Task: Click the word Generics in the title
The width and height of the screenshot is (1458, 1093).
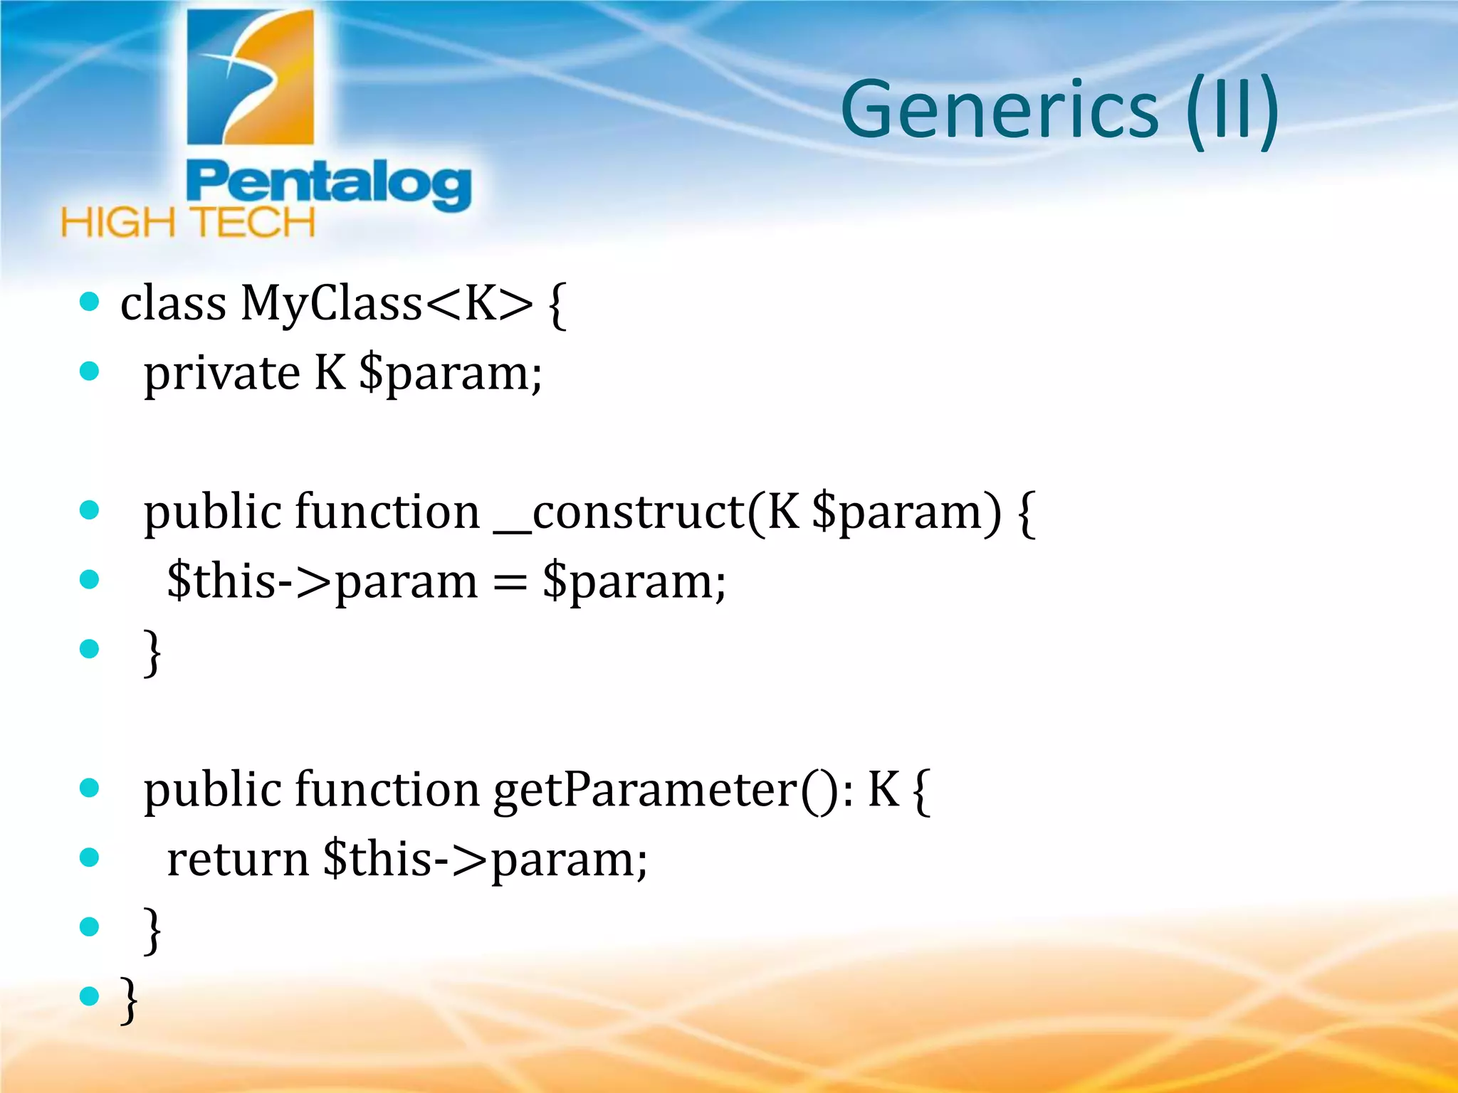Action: click(x=1000, y=110)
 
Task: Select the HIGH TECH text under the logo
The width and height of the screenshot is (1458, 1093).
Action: click(x=188, y=223)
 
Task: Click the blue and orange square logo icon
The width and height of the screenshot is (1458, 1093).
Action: click(x=250, y=77)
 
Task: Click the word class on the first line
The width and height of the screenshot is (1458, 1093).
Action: click(x=173, y=304)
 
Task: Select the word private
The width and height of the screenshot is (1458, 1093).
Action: click(x=221, y=374)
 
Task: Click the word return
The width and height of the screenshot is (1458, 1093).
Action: click(x=237, y=860)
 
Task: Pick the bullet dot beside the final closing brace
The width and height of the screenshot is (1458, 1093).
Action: click(x=89, y=996)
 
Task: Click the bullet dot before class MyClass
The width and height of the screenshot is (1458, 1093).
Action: click(x=89, y=302)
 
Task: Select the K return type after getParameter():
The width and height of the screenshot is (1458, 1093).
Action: click(x=883, y=789)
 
